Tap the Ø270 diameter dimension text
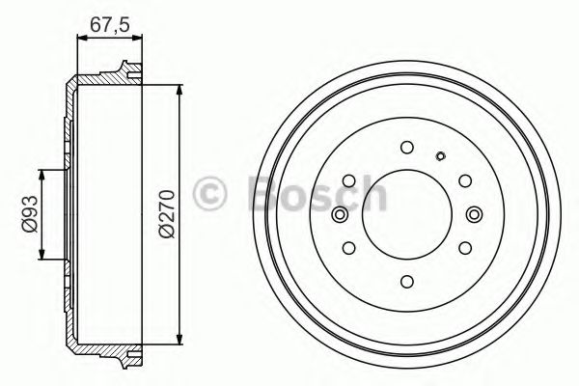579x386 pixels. [167, 214]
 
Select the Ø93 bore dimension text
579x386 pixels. [29, 215]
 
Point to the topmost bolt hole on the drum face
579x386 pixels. [406, 148]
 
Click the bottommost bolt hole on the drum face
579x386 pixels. [406, 281]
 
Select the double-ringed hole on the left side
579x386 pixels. [340, 214]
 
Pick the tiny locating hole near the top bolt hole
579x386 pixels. [440, 156]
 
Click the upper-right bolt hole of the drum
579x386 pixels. [464, 180]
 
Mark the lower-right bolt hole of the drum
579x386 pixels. [464, 248]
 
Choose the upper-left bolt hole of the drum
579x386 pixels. [348, 180]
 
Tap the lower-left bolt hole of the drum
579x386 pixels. [348, 248]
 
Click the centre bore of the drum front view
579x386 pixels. [406, 214]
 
